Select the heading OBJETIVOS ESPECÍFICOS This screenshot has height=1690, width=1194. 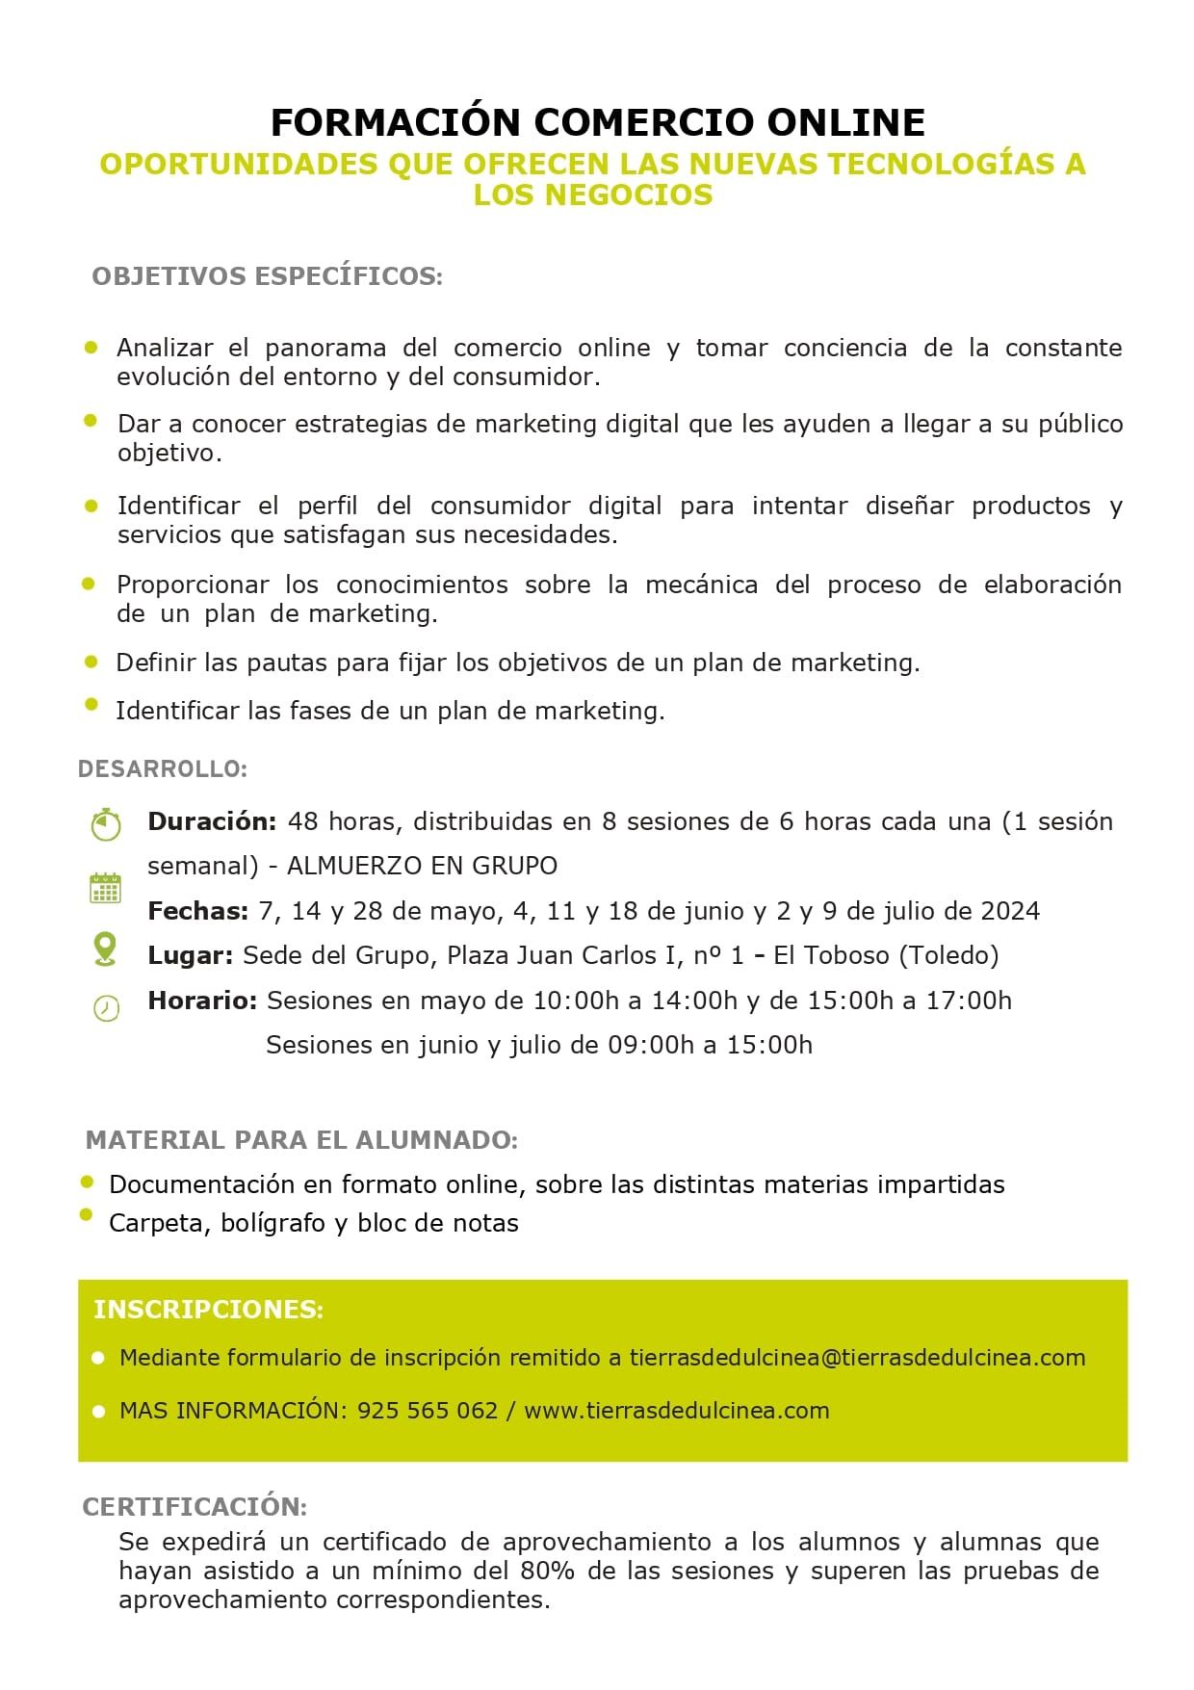point(267,276)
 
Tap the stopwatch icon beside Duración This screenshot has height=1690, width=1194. point(106,824)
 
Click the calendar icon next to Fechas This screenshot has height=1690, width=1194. point(105,888)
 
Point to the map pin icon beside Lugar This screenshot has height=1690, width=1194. point(105,949)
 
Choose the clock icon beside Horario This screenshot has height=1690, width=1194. point(106,1007)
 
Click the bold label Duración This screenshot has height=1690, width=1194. point(212,821)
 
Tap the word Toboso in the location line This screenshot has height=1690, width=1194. point(846,955)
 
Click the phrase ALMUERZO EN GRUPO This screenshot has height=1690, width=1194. point(422,866)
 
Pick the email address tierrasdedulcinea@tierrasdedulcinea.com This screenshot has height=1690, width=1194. point(857,1358)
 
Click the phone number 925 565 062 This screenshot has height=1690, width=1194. point(427,1411)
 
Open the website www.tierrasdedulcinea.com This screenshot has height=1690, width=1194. point(676,1411)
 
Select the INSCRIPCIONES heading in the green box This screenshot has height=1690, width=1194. point(208,1310)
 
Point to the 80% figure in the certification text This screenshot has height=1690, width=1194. point(547,1571)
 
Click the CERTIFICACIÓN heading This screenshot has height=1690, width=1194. point(195,1506)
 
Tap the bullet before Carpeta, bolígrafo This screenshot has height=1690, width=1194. point(87,1215)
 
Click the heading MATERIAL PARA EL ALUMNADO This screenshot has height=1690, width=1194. point(301,1140)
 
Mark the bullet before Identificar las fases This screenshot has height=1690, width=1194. point(91,704)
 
